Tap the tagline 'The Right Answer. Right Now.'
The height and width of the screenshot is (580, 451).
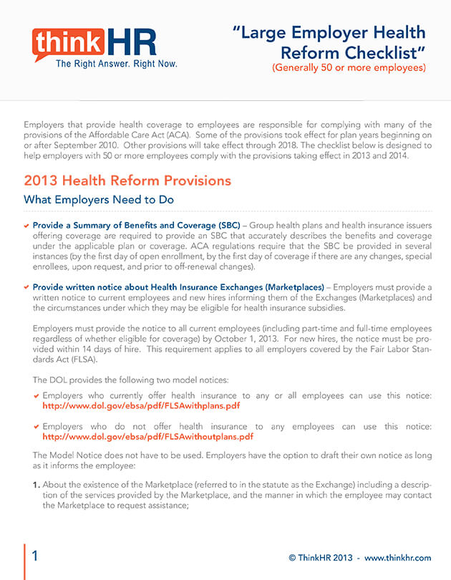pos(116,64)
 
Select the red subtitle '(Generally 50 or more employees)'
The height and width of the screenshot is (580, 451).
pos(348,68)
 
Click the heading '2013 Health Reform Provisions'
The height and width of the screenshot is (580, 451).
pos(127,180)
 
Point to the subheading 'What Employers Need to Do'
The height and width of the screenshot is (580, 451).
pos(99,199)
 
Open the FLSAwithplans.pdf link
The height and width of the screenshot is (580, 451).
pos(141,405)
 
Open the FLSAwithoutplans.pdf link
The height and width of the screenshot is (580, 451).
pos(147,435)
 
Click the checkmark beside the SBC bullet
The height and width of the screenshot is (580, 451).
pos(26,225)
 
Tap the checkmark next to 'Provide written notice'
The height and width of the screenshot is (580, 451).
pos(26,286)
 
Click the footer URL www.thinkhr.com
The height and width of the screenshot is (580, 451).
pos(397,557)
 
